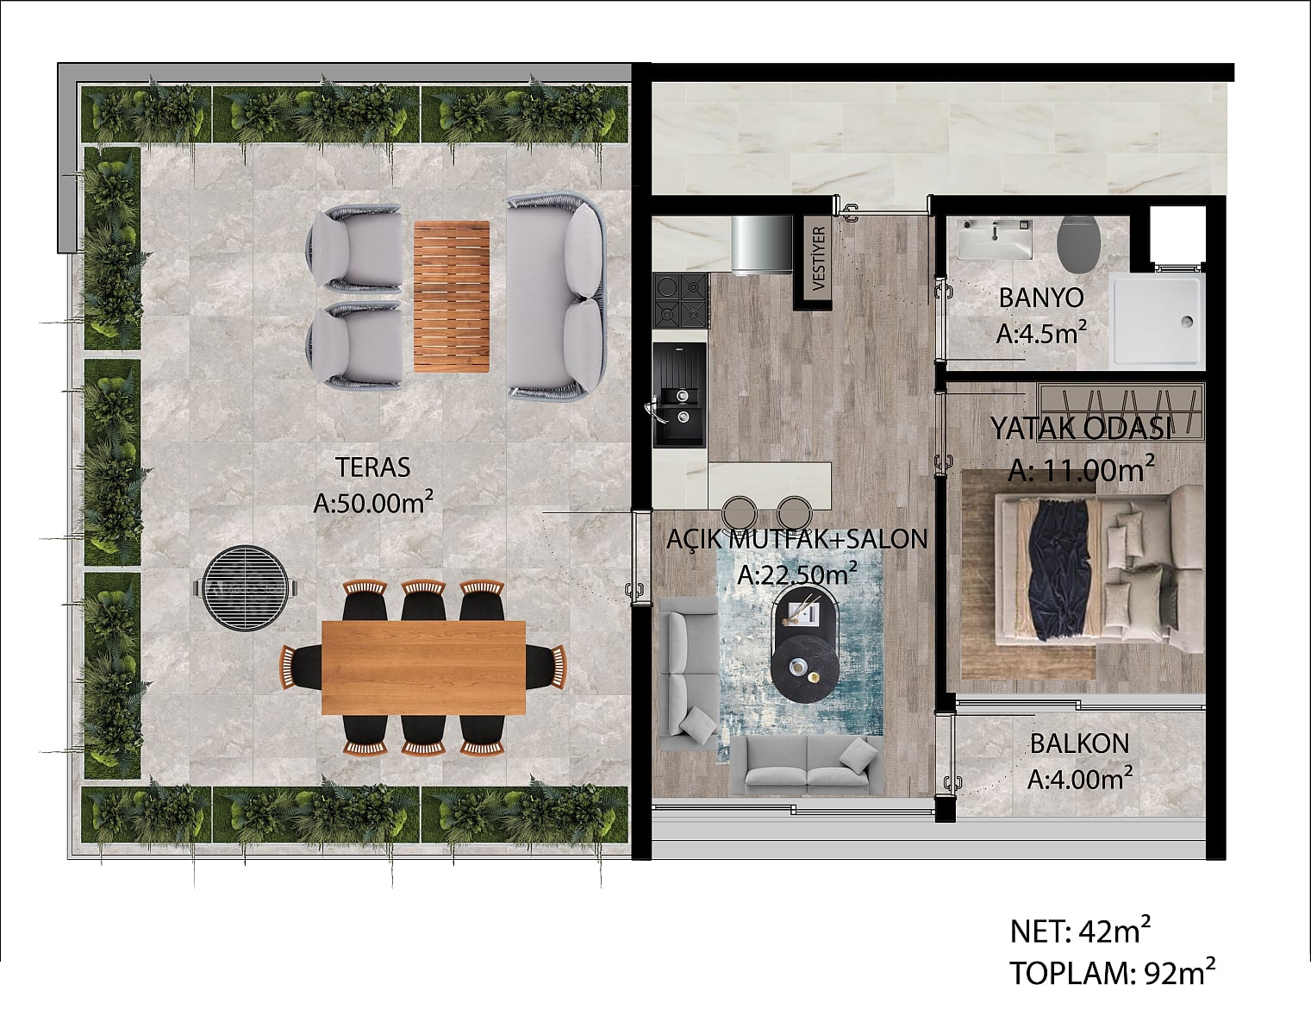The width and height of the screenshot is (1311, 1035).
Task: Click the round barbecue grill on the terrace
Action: (x=245, y=588)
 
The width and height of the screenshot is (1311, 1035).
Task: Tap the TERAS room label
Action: (x=373, y=467)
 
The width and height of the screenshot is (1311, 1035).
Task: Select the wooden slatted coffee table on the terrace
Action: (x=452, y=297)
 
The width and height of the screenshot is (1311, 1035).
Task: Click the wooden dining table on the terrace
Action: (x=423, y=668)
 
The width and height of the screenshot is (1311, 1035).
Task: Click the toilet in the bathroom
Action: (x=1079, y=245)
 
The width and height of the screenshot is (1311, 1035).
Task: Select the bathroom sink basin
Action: (x=995, y=239)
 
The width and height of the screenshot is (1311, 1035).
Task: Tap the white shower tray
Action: (x=1156, y=321)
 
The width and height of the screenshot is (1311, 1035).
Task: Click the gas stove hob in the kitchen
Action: (x=681, y=301)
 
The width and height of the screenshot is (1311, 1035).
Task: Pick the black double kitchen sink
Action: (x=679, y=394)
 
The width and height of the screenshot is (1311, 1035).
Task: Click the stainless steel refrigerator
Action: (x=761, y=245)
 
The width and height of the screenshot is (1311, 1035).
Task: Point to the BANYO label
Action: (x=1041, y=298)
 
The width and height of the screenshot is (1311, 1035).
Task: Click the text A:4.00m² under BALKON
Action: (x=1079, y=780)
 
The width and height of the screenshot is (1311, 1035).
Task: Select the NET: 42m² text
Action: (x=1080, y=931)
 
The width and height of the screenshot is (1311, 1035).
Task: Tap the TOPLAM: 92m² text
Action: (x=1113, y=974)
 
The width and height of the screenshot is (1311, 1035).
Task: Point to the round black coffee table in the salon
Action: (x=804, y=668)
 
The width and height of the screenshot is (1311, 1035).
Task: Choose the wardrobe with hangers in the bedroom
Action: (x=1121, y=412)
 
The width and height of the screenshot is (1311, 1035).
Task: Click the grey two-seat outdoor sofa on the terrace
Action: (x=556, y=297)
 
